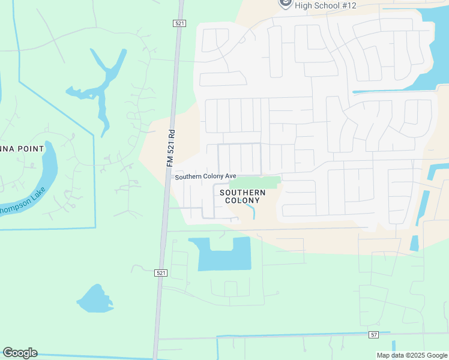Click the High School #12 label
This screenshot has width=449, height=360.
[326, 5]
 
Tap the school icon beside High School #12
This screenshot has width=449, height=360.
[286, 4]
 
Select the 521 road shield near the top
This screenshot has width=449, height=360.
[179, 23]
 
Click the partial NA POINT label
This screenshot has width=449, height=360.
[22, 148]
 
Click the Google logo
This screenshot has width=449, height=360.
[20, 353]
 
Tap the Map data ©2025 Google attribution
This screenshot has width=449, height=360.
[411, 355]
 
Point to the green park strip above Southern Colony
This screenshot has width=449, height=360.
[256, 182]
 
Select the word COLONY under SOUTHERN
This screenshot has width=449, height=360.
[243, 200]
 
